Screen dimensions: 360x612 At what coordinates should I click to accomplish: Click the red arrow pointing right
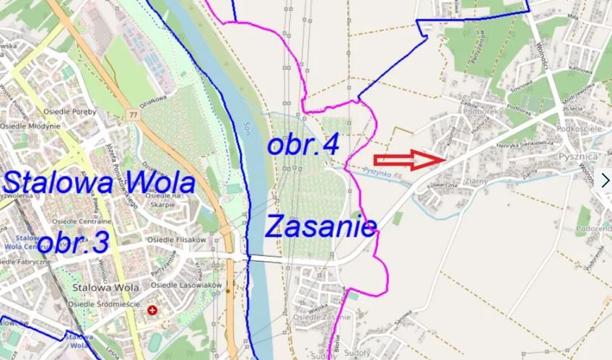pos(411,160)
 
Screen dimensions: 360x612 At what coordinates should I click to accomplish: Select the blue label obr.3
pos(72,242)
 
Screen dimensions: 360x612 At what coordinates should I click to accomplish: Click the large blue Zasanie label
pos(320,227)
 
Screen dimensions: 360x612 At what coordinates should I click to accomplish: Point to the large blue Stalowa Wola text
pos(99,182)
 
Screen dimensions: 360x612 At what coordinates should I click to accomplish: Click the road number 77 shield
pos(133,113)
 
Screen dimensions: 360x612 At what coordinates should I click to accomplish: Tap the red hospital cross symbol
pos(152,310)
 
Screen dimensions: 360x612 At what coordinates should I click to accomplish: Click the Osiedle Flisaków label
pos(176,240)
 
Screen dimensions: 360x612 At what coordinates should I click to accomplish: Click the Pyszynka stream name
pos(377,173)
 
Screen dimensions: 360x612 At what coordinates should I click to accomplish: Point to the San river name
pos(248,127)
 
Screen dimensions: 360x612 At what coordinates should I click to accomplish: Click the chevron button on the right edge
pos(605,180)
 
